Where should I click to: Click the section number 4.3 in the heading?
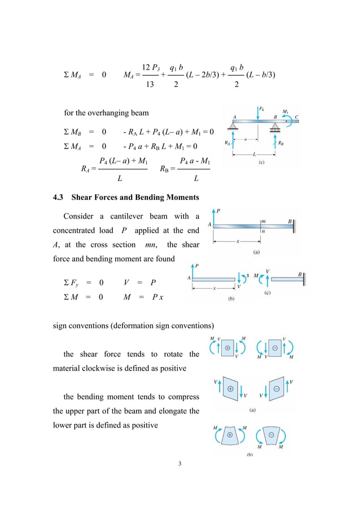[59, 197]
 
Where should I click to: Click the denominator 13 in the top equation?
[150, 85]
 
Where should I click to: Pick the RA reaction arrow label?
[227, 143]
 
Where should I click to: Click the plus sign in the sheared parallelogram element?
[230, 390]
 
